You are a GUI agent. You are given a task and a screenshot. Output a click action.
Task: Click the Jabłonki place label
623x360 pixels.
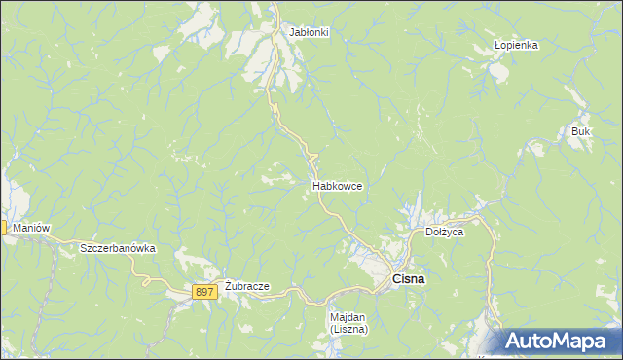point(309,32)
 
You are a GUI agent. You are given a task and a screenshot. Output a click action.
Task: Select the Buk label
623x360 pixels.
point(581,130)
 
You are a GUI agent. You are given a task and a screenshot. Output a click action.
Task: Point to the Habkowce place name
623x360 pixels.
point(338,185)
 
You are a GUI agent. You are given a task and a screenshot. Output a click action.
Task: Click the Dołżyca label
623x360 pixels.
point(445,233)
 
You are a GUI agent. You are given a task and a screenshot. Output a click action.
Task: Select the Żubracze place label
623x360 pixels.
point(246,287)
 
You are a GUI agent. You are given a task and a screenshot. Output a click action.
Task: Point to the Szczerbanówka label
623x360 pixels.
point(118,248)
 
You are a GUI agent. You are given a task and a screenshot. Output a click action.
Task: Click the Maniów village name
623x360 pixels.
point(32,228)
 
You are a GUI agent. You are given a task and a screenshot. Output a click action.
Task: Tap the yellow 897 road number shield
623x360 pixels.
point(203,292)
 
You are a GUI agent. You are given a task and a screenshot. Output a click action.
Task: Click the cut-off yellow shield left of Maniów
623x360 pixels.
point(3,228)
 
